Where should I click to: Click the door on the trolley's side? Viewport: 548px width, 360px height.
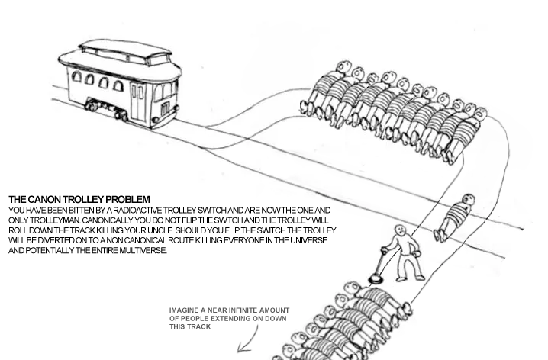point(137,100)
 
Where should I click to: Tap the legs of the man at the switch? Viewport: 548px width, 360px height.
point(411,266)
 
